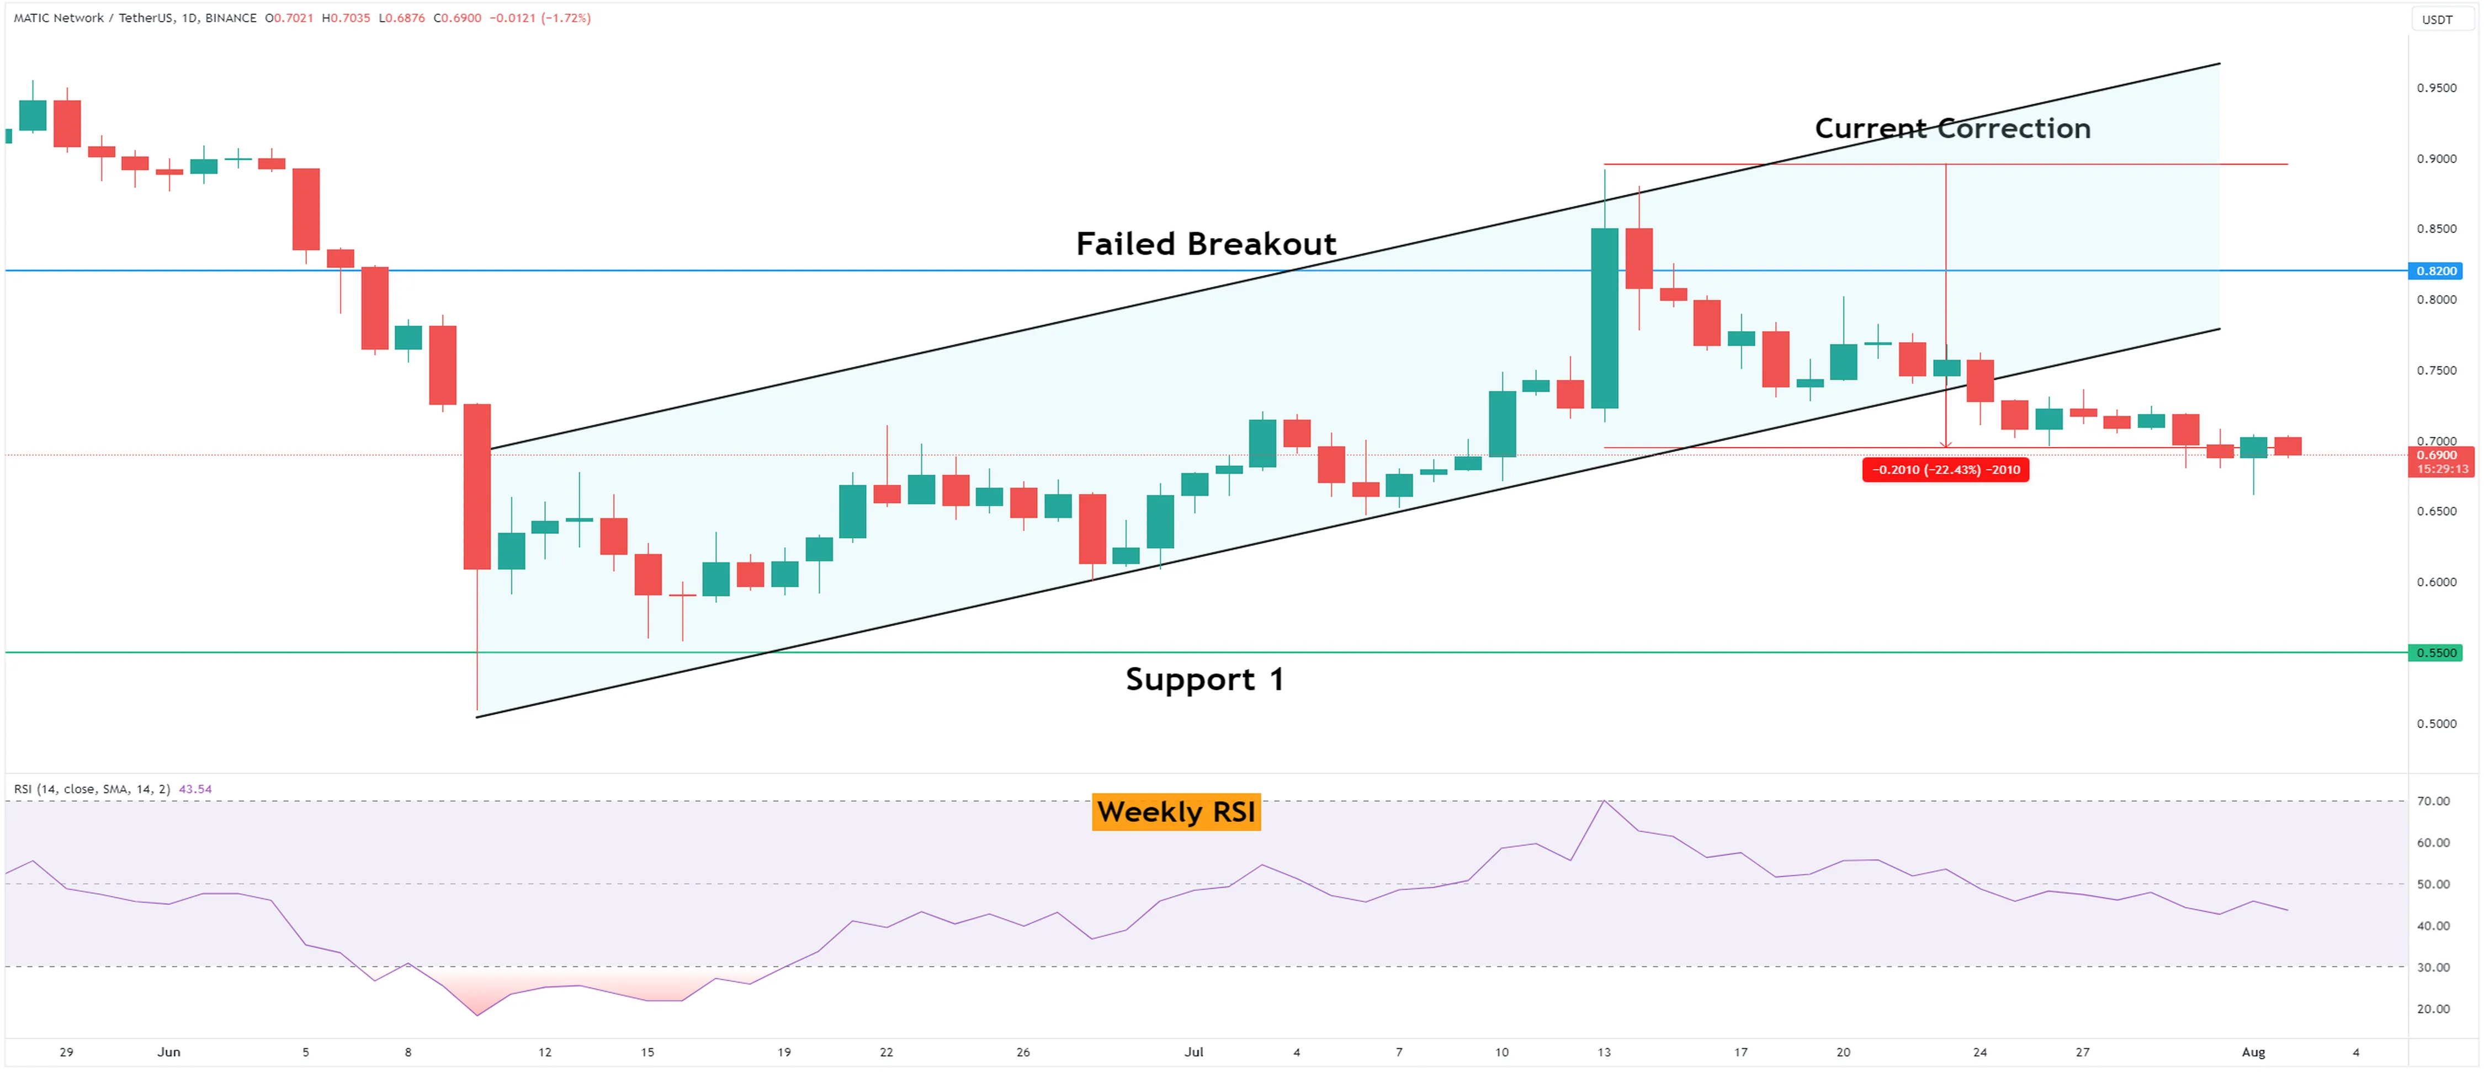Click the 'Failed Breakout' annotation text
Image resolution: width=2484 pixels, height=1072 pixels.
tap(1206, 244)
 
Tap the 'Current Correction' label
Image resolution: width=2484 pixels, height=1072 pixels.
tap(1952, 128)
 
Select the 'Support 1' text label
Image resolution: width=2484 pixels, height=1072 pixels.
tap(1204, 680)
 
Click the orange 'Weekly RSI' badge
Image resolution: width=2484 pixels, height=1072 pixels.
tap(1175, 811)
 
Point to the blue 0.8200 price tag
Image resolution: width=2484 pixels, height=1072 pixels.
tap(2436, 271)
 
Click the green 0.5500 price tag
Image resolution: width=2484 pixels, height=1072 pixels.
tap(2436, 652)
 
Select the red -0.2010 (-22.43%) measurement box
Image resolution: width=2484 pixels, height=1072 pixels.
tap(1945, 469)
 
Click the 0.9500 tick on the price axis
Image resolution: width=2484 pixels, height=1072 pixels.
tap(2436, 88)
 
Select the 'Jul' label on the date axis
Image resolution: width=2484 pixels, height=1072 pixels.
tap(1194, 1052)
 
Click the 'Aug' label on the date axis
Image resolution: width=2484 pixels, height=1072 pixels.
tap(2253, 1052)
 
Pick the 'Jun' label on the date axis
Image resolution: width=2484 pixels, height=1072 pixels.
tap(169, 1052)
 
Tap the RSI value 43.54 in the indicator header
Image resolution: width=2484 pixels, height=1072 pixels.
tap(196, 789)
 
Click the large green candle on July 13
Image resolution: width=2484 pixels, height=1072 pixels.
tap(1605, 318)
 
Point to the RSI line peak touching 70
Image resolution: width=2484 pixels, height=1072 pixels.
tap(1604, 801)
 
